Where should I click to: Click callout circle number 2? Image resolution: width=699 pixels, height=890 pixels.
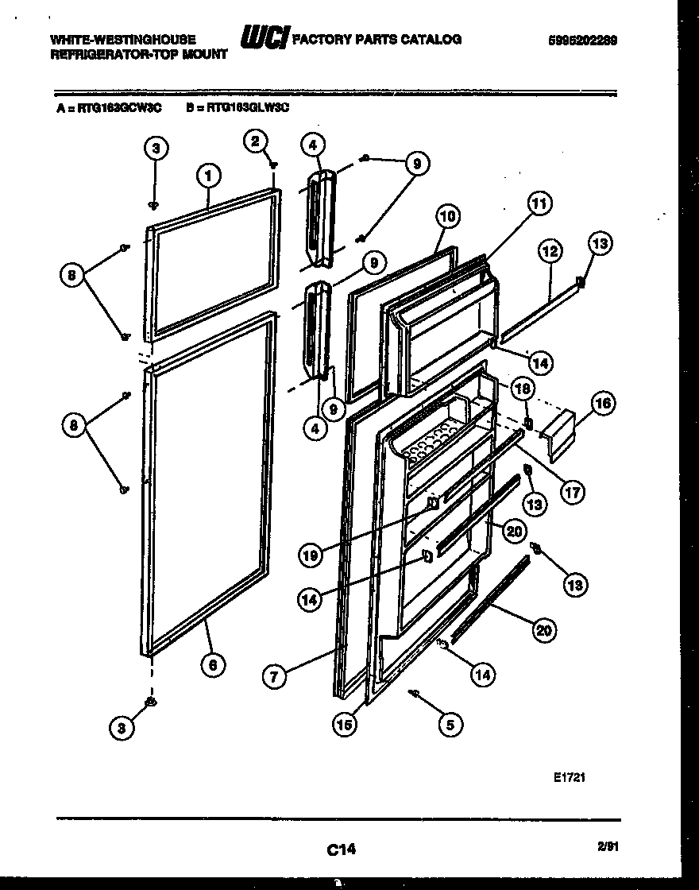click(254, 142)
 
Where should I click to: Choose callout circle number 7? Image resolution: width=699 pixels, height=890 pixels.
click(273, 677)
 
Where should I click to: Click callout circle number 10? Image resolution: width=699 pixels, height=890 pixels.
click(447, 215)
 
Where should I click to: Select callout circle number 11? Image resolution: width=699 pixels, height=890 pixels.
click(539, 204)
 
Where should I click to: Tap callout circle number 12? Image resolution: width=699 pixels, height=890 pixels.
click(550, 252)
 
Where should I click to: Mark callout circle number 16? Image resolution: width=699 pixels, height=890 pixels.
click(603, 404)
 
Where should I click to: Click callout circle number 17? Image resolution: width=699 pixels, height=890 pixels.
click(571, 491)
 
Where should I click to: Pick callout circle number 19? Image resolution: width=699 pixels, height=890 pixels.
click(311, 555)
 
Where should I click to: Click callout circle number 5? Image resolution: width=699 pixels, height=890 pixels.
click(450, 724)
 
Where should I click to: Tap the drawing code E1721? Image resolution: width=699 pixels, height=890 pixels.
click(570, 778)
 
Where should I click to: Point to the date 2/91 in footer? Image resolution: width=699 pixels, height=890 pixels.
click(610, 848)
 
